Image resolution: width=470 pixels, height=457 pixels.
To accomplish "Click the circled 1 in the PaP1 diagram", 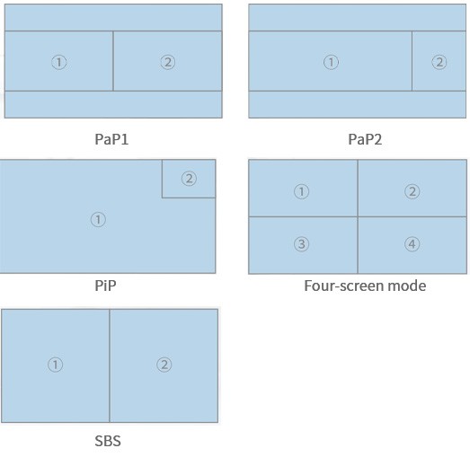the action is pos(59,62).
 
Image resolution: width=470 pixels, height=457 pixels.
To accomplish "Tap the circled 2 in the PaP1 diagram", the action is pos(168,62).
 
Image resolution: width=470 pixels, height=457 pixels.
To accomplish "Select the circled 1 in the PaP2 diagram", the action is pos(331,62).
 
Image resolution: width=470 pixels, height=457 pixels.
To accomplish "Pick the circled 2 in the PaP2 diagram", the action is pos(439,62).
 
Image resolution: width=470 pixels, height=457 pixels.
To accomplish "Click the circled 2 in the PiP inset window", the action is pos(189,179).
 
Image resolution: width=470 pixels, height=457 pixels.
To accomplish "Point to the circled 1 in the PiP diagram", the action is pos(98,219).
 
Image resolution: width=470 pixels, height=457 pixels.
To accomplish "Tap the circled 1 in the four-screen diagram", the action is pos(302,191).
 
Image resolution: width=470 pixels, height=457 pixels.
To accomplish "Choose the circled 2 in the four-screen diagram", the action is pos(412,191).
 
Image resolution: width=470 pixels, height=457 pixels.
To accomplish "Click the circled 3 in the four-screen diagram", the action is pos(302,244).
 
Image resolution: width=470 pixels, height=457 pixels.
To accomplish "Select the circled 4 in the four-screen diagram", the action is pos(412,244).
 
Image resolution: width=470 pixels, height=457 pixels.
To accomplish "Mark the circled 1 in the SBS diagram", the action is pos(55,365).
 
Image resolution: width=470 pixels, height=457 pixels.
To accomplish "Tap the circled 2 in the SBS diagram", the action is pos(164,365).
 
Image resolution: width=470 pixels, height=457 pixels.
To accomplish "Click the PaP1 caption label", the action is pos(111,139).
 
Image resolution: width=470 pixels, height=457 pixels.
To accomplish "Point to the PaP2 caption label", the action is pos(365,139).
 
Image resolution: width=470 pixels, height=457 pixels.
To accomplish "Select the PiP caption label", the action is pos(105,286).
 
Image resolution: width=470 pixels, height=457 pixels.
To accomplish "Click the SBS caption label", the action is pos(108,441).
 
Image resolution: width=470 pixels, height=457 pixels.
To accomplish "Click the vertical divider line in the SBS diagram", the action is pos(110,365).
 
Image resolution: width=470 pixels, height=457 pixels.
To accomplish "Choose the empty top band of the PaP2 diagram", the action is pos(357,17).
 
